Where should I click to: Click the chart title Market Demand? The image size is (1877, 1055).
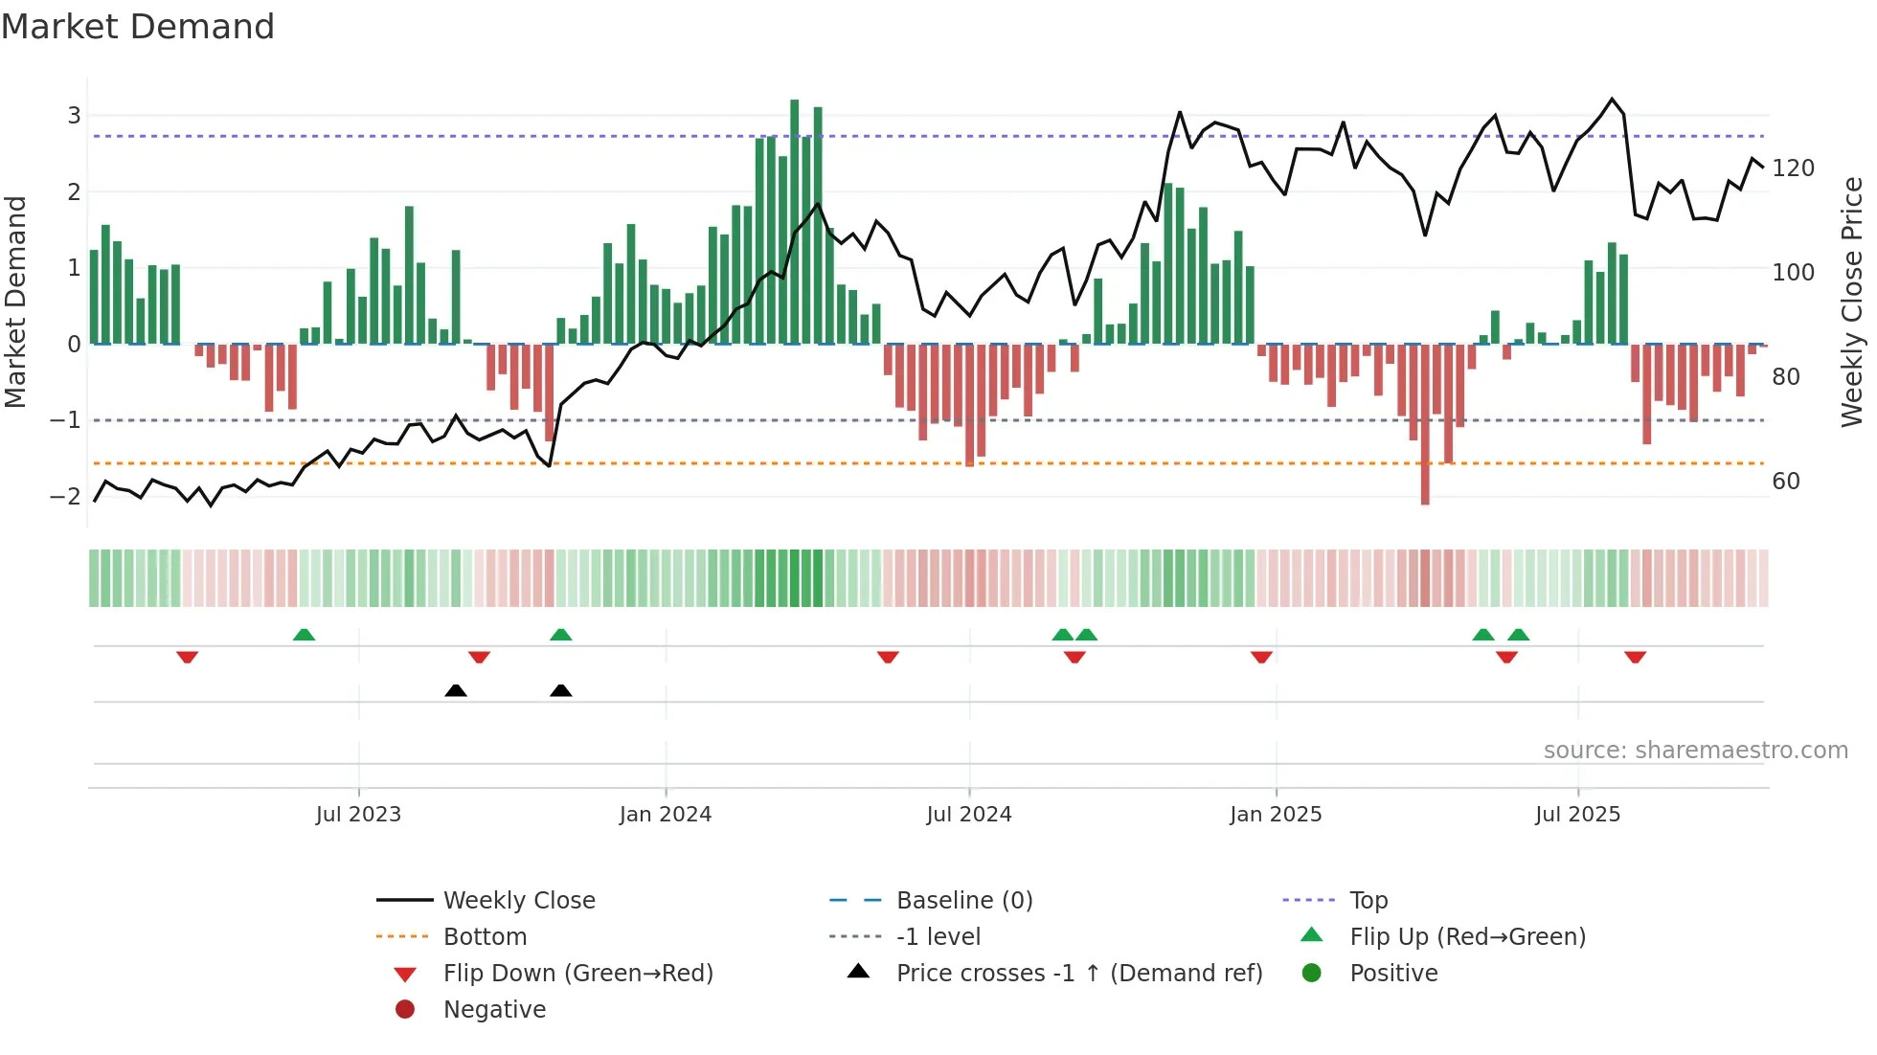(138, 27)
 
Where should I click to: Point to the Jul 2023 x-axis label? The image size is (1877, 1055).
(358, 815)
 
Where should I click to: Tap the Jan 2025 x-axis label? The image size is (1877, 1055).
(1276, 815)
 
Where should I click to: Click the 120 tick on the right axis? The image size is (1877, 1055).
(1793, 168)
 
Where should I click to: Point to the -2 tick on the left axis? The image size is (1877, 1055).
(65, 496)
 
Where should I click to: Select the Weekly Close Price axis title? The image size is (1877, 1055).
(1852, 302)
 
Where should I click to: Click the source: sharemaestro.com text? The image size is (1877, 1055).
(1695, 751)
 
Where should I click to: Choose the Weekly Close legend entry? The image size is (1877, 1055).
(518, 901)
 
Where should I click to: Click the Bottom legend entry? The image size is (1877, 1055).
(485, 937)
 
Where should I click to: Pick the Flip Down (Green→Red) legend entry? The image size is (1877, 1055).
(577, 974)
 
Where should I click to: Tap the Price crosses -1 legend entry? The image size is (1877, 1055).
(1078, 974)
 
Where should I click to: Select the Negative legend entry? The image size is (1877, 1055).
(494, 1010)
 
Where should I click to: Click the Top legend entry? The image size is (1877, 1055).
(1368, 901)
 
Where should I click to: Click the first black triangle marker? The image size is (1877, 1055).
(456, 690)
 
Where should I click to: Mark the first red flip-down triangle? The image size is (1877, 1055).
(188, 657)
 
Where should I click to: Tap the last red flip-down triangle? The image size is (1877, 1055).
(1635, 657)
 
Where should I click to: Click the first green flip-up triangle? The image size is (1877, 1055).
(304, 634)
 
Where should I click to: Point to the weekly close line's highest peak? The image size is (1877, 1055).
(1612, 100)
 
